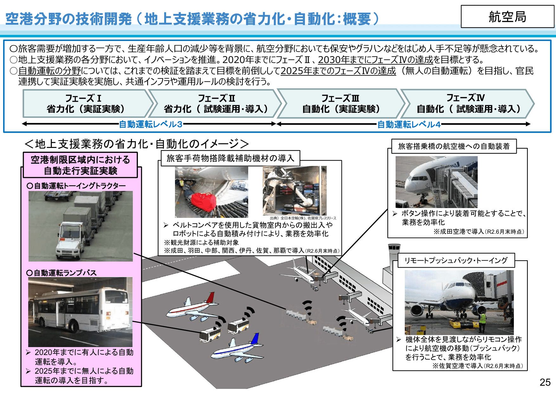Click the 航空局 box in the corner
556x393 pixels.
tap(507, 16)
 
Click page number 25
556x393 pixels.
tap(545, 382)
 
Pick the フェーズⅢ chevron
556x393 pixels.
tap(341, 104)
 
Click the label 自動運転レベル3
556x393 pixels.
tap(151, 124)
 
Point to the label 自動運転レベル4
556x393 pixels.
tap(409, 124)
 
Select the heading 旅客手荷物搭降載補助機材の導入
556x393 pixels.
tap(230, 158)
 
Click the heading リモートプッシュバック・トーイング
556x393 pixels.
tap(456, 260)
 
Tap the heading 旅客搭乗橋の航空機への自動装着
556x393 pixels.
tap(454, 146)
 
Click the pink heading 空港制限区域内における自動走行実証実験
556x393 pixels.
tap(81, 165)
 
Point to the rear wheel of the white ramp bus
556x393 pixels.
tap(74, 326)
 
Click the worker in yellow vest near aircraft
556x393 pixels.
tap(482, 320)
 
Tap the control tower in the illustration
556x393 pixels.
tap(394, 253)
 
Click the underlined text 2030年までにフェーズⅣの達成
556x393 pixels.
tap(375, 60)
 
